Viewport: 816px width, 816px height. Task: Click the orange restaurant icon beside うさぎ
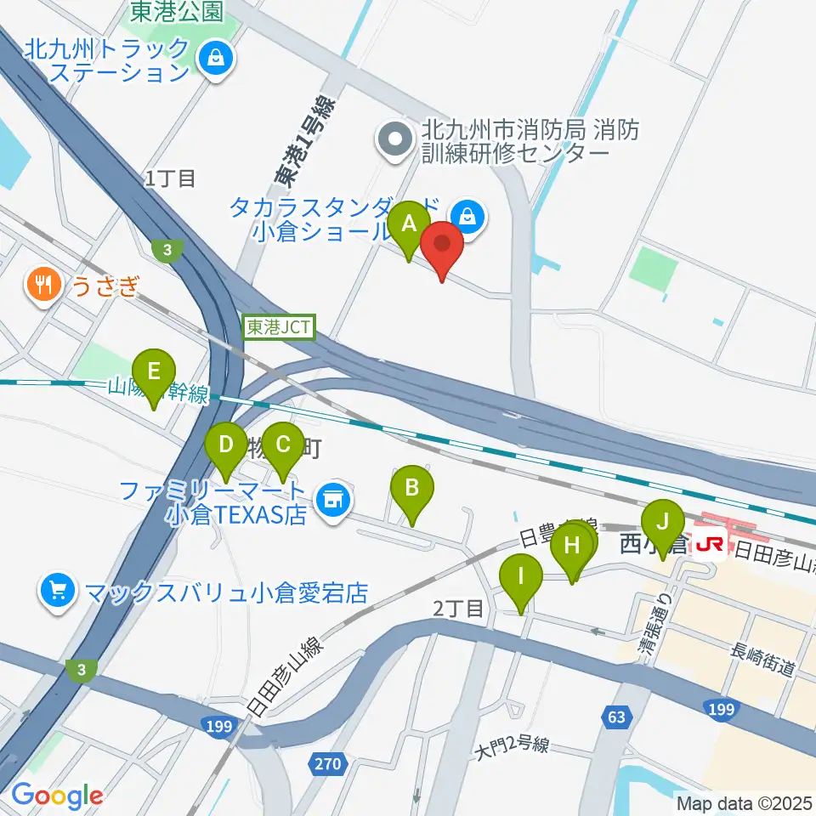42,283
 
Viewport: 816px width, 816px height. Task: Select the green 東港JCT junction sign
280,327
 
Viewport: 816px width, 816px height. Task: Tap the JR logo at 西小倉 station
709,541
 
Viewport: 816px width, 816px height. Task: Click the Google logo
56,796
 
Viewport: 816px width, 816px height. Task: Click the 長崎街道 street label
763,660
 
